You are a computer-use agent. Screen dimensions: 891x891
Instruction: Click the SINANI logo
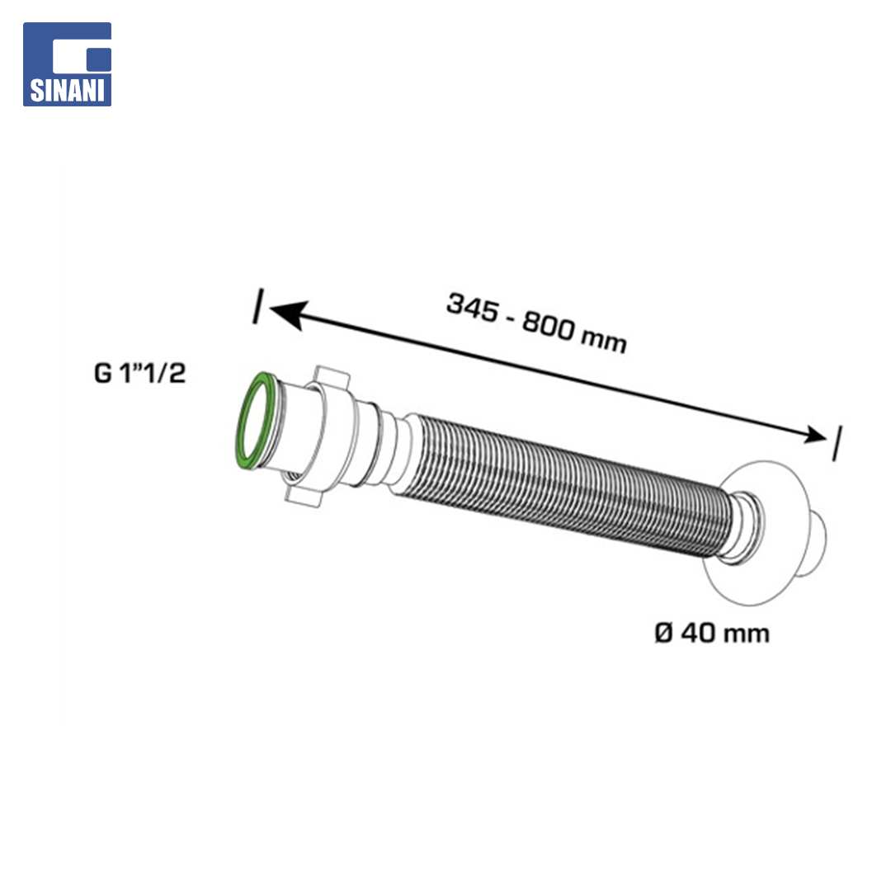[67, 64]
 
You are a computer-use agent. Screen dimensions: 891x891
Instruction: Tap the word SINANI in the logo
[67, 91]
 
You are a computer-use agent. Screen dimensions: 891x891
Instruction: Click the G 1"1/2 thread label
[139, 374]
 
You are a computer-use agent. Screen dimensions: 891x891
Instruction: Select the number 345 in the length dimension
[473, 308]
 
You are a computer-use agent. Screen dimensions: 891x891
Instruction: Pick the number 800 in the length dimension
[549, 326]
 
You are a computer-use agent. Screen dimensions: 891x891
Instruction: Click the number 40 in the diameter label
[699, 633]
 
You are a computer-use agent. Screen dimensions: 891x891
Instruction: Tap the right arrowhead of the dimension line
[813, 436]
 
